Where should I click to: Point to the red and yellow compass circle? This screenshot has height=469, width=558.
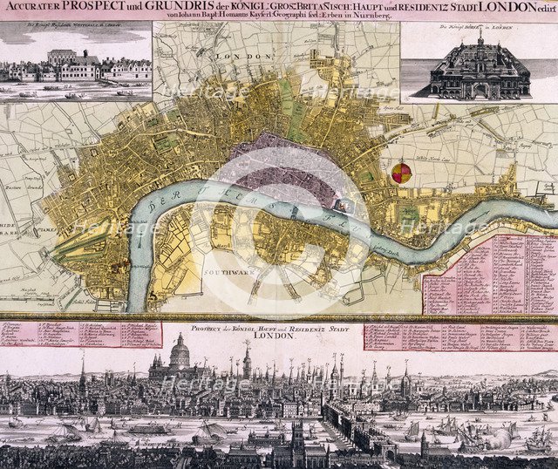(400, 172)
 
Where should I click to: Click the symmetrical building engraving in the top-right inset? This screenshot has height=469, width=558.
(478, 68)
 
